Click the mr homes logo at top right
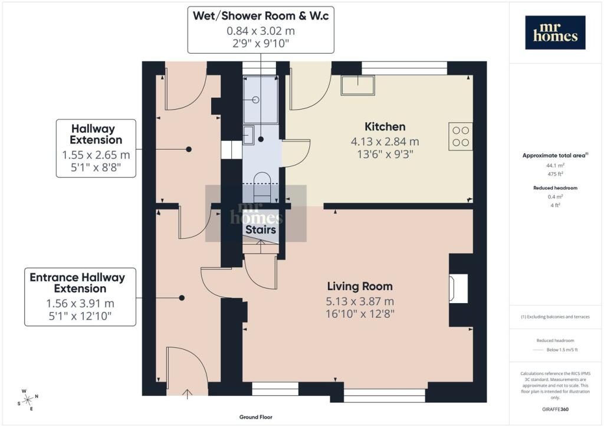[x=555, y=32]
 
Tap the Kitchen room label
[x=385, y=127]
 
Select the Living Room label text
[x=360, y=287]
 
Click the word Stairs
[x=261, y=230]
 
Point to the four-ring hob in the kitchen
[x=461, y=136]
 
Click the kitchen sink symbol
[x=358, y=85]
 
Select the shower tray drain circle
[x=255, y=100]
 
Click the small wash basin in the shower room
[x=248, y=135]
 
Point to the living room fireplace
[x=458, y=289]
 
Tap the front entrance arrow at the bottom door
[x=187, y=394]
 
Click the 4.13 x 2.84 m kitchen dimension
[x=385, y=142]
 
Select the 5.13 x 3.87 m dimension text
[x=360, y=301]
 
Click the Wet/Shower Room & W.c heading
[x=261, y=16]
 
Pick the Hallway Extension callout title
[x=96, y=134]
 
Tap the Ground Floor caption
[x=256, y=417]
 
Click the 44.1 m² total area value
[x=555, y=166]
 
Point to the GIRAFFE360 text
[x=555, y=409]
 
